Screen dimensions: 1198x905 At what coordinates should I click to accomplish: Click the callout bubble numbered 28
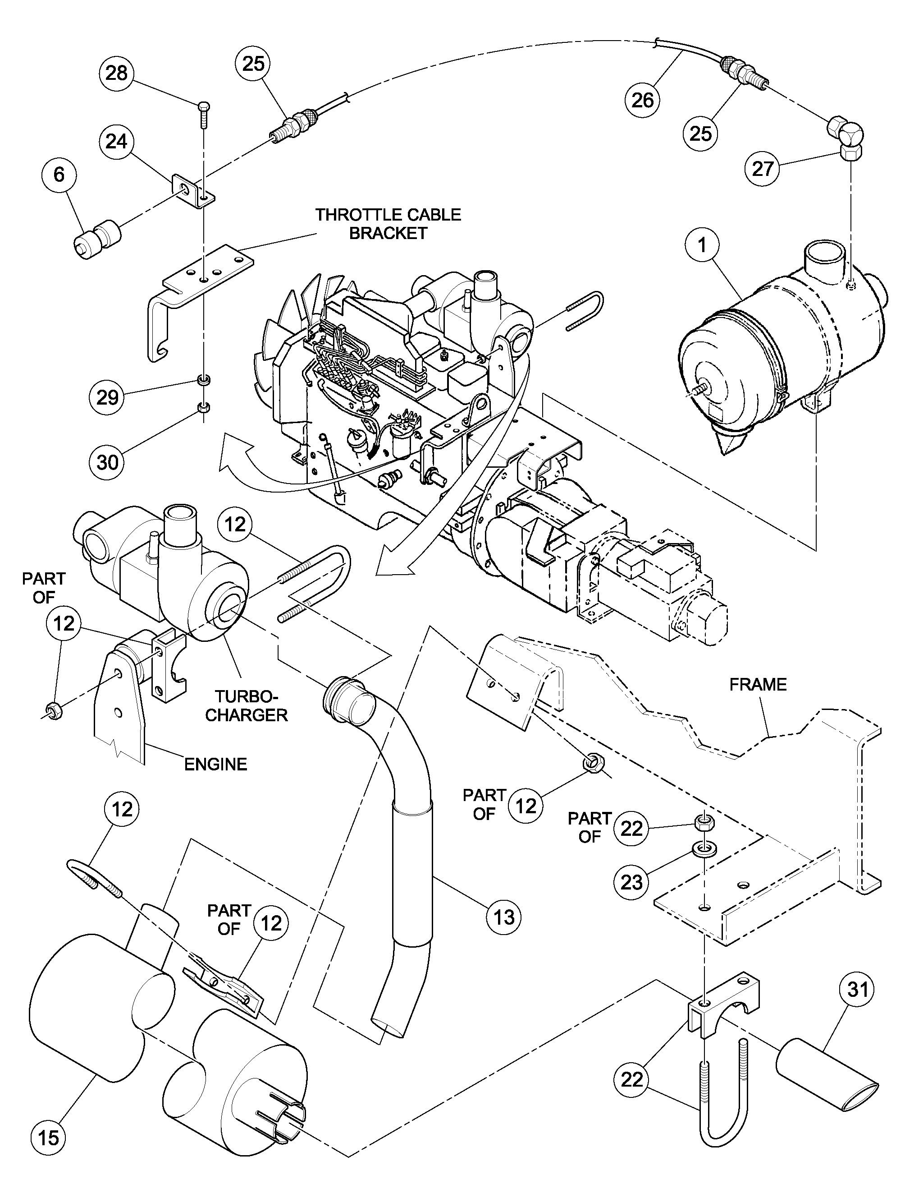(116, 73)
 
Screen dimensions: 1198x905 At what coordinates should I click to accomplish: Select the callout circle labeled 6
(59, 175)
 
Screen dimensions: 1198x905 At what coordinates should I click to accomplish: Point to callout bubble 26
(643, 100)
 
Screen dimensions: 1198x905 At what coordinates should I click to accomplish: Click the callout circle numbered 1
(702, 245)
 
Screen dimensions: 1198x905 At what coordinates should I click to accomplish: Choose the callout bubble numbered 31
(857, 990)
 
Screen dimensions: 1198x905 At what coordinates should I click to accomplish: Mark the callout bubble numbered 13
(504, 917)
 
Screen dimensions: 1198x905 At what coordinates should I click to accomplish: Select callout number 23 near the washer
(631, 882)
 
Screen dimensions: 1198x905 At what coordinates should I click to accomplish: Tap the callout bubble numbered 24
(116, 141)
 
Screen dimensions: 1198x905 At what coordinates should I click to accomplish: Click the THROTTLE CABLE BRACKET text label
(388, 224)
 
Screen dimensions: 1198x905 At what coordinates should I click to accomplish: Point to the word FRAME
(758, 685)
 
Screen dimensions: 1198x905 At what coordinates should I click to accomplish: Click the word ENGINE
(215, 764)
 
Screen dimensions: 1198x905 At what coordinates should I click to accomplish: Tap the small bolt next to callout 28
(203, 114)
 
